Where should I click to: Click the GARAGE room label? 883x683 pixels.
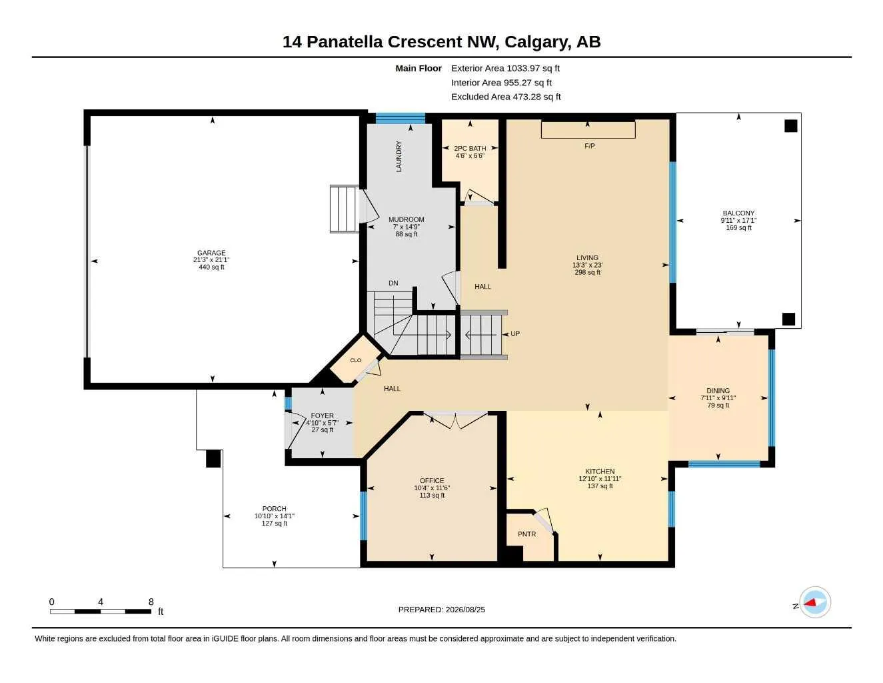211,253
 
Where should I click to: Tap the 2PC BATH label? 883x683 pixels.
470,148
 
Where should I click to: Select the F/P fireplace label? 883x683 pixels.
589,145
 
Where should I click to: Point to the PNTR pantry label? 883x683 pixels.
526,534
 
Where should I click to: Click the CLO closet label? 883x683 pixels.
356,360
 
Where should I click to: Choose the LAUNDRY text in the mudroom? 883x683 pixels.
399,156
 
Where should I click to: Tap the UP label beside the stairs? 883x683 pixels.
515,333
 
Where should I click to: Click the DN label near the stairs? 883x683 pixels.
393,283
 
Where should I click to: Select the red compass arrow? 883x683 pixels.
810,602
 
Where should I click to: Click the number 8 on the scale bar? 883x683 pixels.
151,602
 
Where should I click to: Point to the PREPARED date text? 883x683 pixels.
441,610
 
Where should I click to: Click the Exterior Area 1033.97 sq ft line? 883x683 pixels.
505,68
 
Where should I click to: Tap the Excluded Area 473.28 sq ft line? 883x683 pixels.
506,97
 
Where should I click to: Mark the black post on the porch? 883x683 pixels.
213,458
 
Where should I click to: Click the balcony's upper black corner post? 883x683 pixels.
790,125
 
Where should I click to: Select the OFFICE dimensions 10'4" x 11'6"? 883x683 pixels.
432,488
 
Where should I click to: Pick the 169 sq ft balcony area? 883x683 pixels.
738,227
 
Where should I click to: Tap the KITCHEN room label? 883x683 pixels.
600,471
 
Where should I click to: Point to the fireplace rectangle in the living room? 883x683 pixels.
588,130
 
